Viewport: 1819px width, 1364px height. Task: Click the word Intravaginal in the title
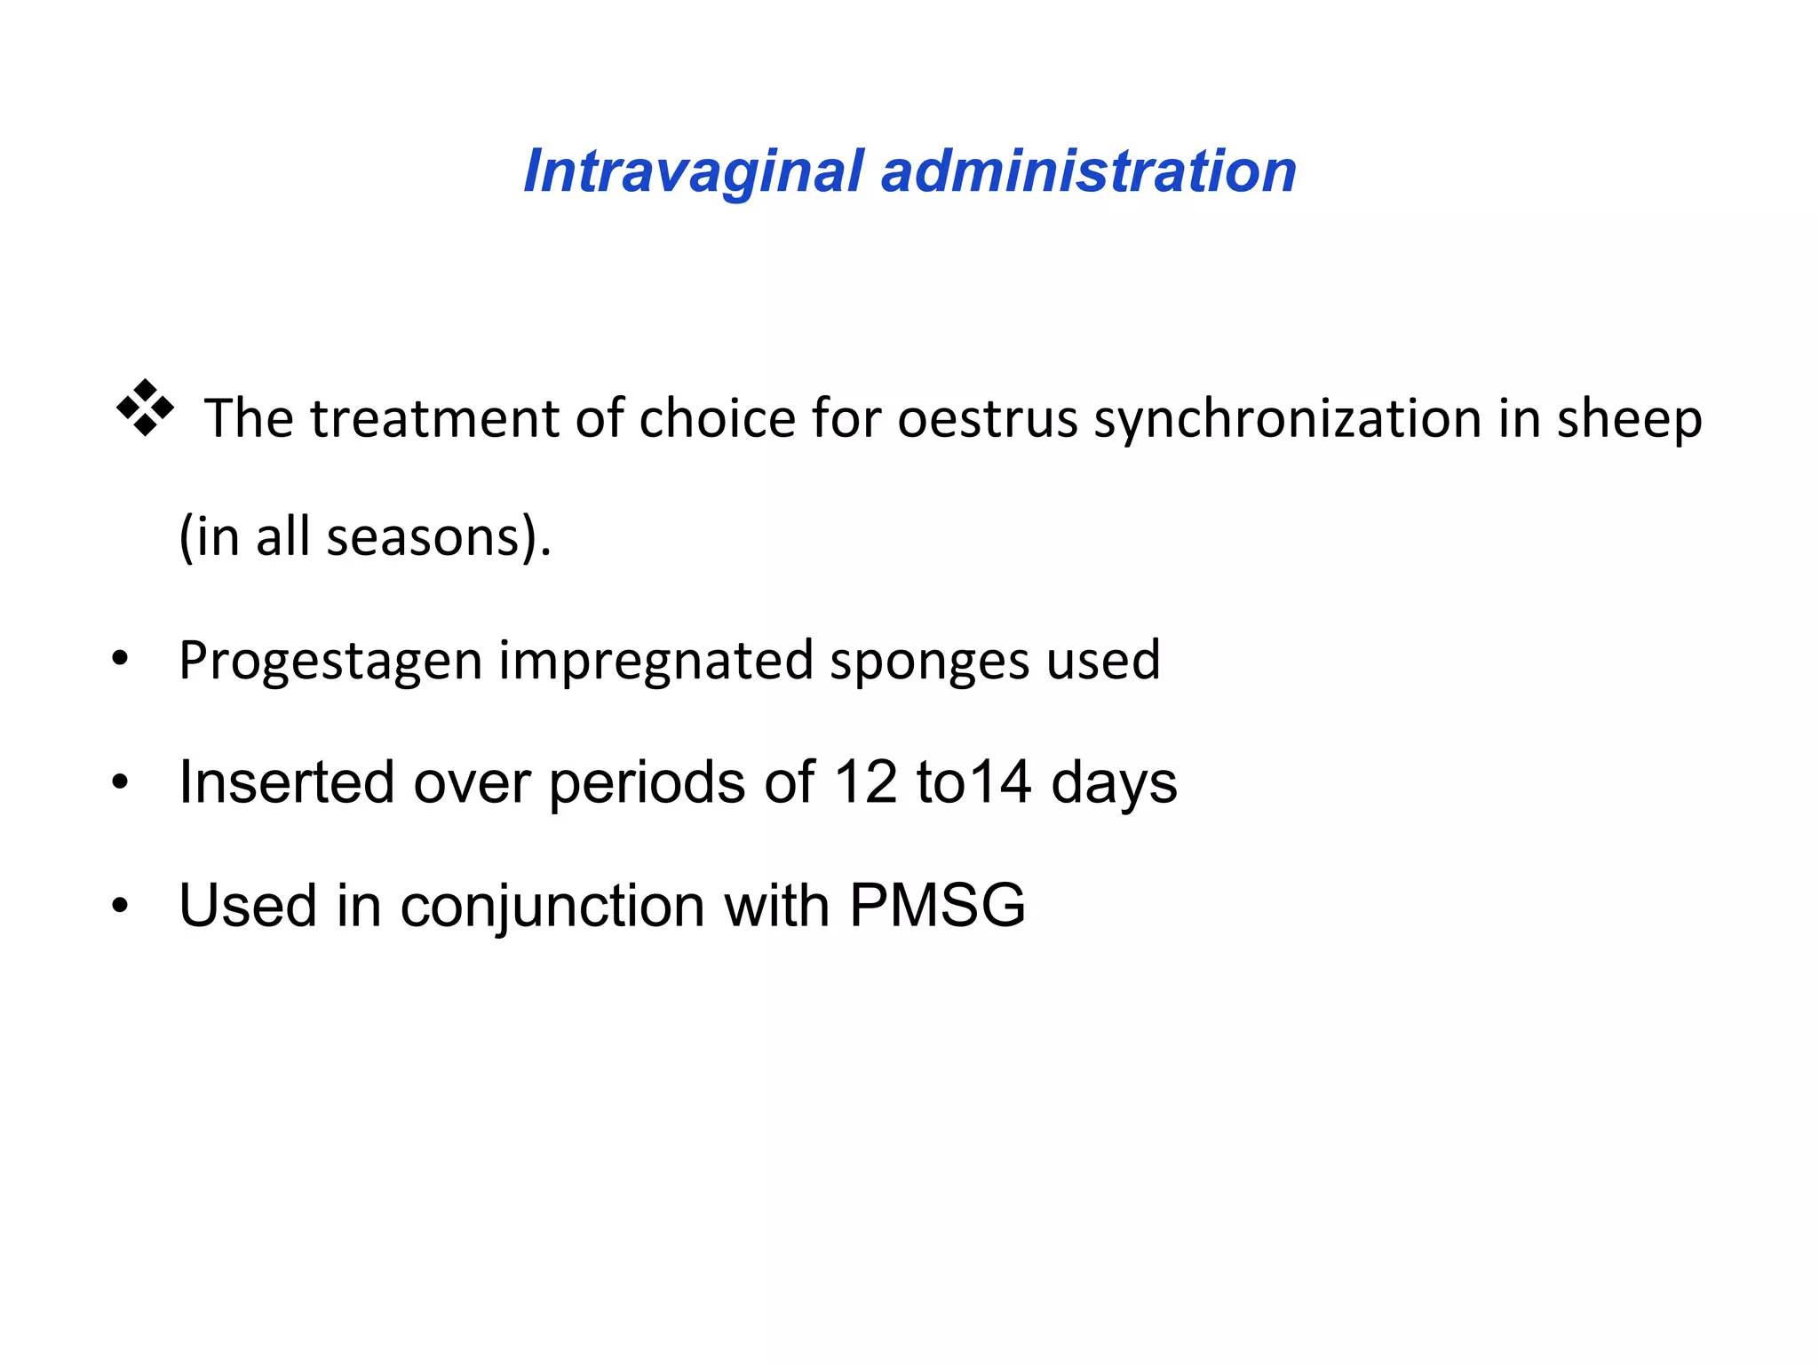coord(693,170)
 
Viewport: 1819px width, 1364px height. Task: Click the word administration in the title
coord(1088,170)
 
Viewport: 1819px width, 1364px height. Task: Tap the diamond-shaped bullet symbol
coord(145,408)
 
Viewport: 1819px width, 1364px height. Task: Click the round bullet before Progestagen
coord(120,660)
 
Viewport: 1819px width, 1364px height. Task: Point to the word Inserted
coord(286,782)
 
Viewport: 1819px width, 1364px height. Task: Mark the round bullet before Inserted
coord(120,782)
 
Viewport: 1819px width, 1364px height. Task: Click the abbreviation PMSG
coord(937,906)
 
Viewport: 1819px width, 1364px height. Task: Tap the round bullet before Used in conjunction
coord(120,906)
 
